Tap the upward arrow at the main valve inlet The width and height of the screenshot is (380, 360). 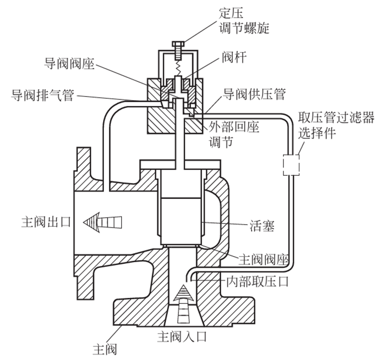tap(184, 304)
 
